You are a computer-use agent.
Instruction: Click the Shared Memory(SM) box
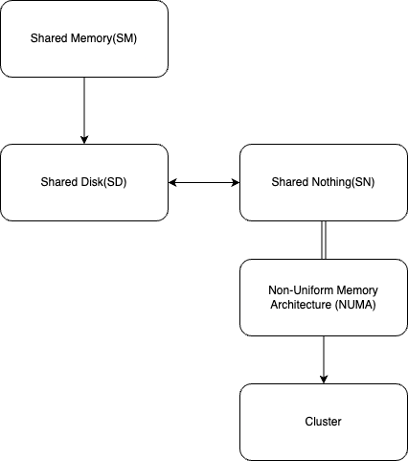click(x=84, y=38)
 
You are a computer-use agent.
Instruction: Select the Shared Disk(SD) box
click(x=84, y=182)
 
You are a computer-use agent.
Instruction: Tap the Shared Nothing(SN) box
click(x=324, y=182)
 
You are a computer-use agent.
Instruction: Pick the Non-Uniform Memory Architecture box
click(x=324, y=297)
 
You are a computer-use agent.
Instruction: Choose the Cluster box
click(x=324, y=422)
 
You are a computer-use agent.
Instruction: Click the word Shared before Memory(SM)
click(x=48, y=38)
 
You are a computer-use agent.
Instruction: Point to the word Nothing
click(x=330, y=182)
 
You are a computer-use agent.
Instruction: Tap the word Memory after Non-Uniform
click(x=355, y=290)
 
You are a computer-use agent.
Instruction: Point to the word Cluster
click(x=324, y=422)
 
